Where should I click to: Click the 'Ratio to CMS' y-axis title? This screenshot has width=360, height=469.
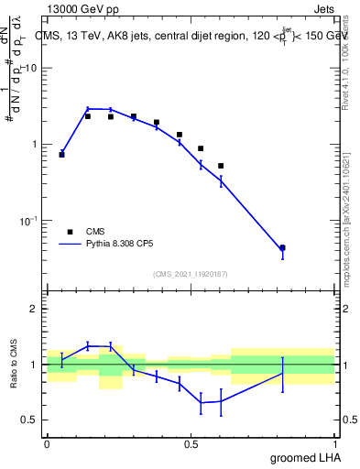click(14, 364)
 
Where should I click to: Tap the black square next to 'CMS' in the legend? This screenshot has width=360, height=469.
click(69, 232)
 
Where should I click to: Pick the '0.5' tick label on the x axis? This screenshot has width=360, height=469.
click(191, 443)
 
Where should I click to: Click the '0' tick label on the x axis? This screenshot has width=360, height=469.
click(47, 443)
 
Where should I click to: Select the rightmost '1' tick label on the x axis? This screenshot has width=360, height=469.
click(336, 443)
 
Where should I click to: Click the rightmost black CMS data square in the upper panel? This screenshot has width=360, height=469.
click(283, 247)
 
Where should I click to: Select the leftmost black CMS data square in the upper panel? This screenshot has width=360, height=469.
click(61, 155)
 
